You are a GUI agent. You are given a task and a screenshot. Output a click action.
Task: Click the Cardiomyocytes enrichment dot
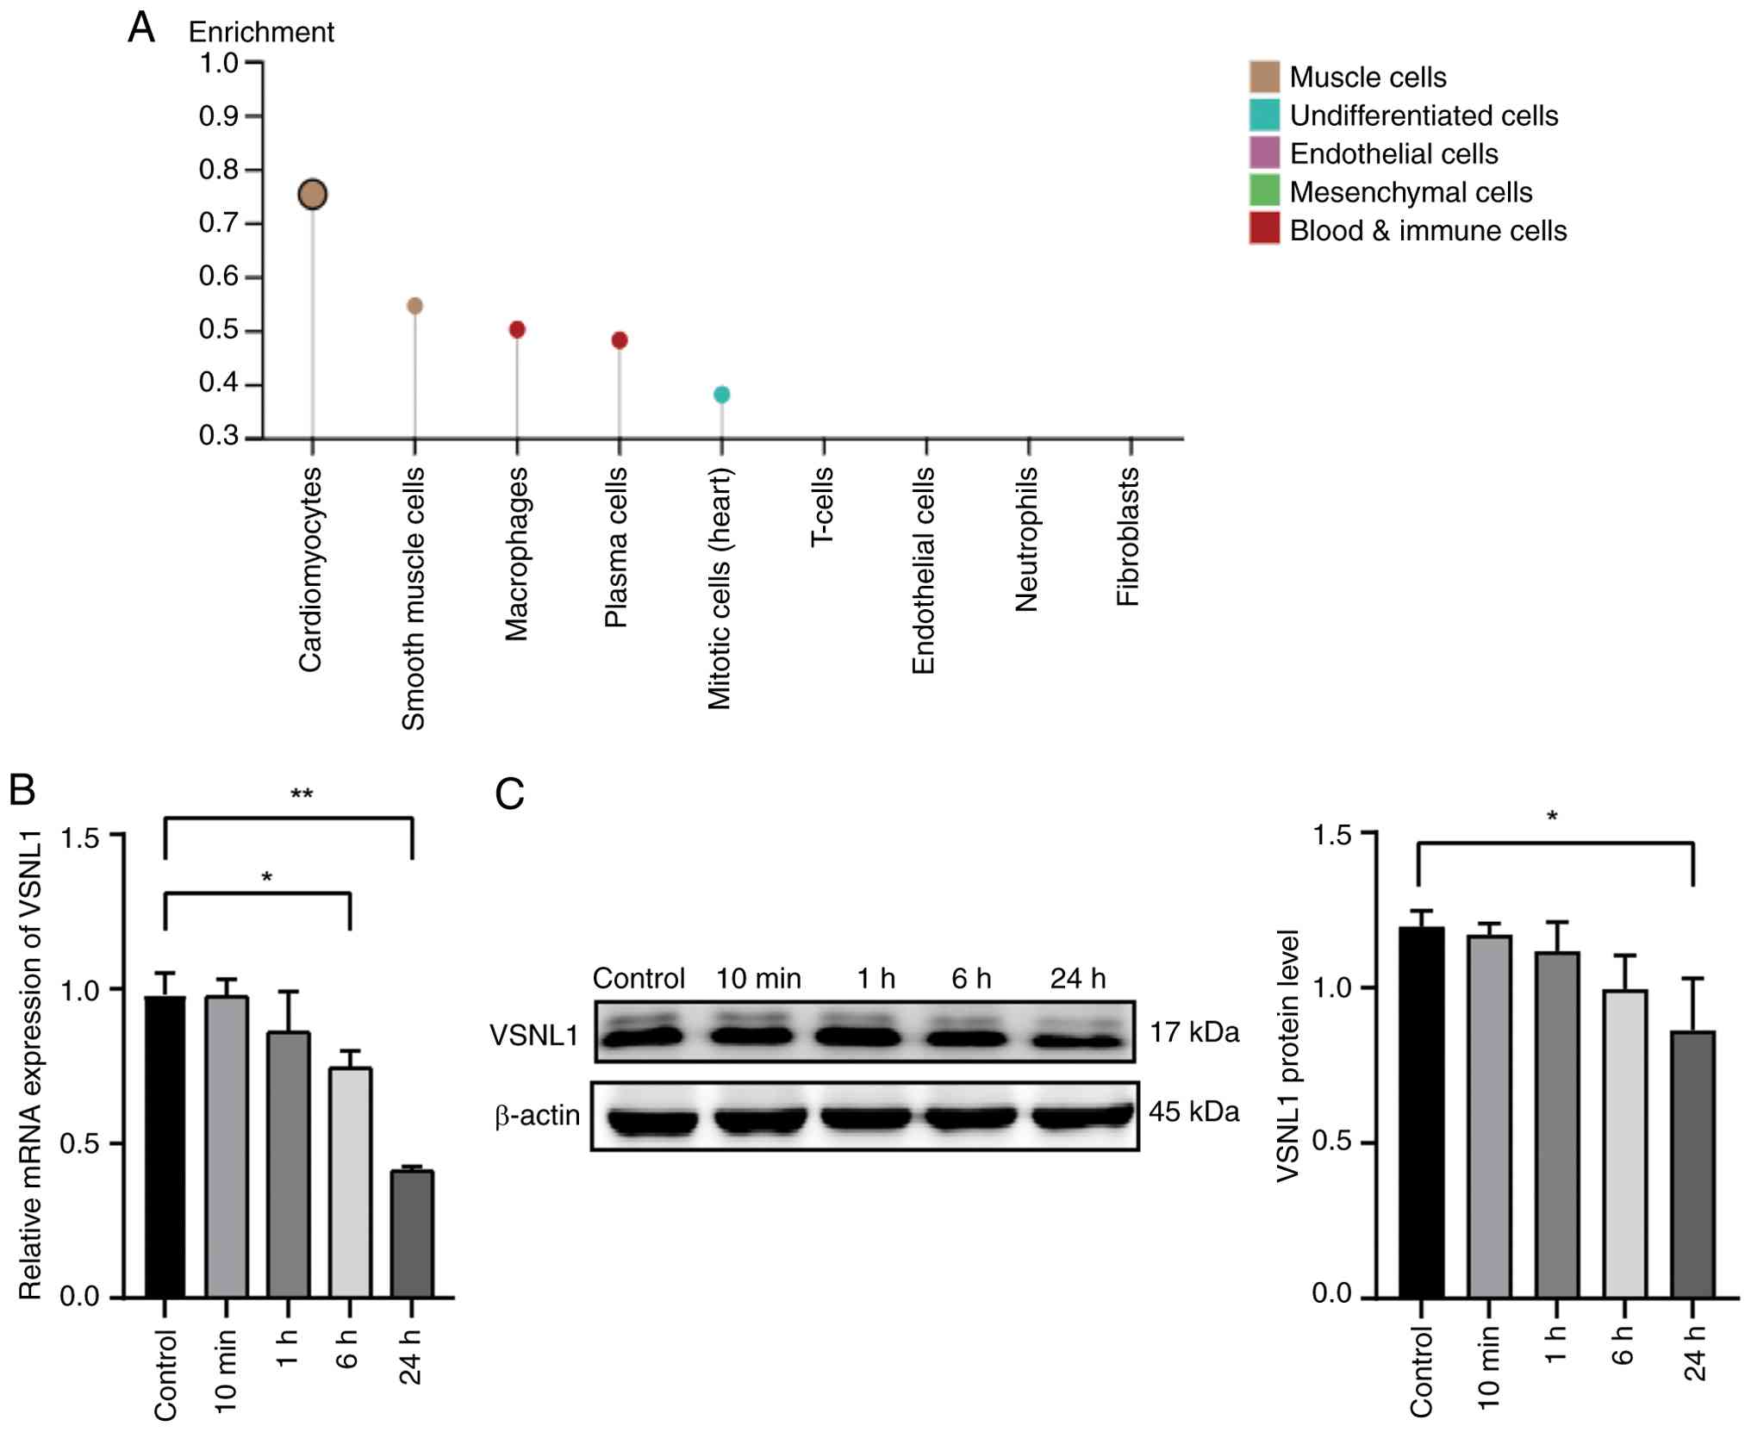click(x=313, y=195)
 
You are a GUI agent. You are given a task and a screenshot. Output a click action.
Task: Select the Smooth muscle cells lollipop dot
click(x=414, y=306)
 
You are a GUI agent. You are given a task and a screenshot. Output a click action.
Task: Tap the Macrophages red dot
click(x=517, y=330)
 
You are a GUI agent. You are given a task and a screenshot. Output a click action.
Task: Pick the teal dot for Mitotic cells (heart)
click(x=722, y=395)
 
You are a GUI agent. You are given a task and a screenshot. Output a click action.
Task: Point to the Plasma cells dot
click(x=620, y=340)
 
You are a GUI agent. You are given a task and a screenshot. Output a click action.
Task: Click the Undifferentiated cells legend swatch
click(x=1264, y=115)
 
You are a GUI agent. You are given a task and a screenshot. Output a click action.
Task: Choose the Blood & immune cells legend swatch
click(x=1264, y=230)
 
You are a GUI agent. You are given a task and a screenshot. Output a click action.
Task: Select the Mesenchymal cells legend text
click(x=1411, y=192)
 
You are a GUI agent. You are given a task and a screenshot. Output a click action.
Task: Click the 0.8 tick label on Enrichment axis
click(x=218, y=170)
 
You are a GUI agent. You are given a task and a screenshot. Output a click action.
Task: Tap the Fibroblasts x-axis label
click(x=1128, y=536)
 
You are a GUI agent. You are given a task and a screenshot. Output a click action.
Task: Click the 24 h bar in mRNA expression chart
click(x=412, y=1234)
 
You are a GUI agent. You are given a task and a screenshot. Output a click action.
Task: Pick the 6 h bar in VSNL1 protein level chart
click(x=1624, y=1143)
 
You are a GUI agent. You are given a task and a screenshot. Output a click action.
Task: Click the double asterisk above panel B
click(x=301, y=794)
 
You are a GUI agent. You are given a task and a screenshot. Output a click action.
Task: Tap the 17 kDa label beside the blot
click(x=1194, y=1031)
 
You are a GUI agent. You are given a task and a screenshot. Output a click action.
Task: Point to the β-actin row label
click(x=537, y=1116)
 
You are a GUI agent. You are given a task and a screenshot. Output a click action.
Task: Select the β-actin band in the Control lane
click(x=651, y=1121)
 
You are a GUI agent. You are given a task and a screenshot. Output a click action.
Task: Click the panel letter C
click(x=509, y=794)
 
